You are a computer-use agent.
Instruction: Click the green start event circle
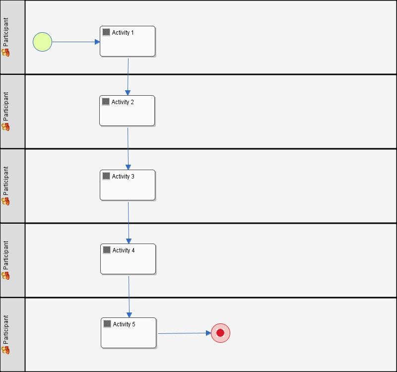click(x=42, y=42)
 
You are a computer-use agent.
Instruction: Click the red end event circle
click(x=220, y=333)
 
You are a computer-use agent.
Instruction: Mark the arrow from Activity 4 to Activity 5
click(x=129, y=296)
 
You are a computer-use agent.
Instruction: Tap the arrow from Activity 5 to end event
click(x=184, y=333)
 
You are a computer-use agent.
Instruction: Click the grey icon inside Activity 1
click(x=106, y=32)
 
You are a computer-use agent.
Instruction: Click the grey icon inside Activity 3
click(x=106, y=176)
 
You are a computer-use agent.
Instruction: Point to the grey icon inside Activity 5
click(x=107, y=324)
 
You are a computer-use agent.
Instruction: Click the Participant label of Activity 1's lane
click(x=6, y=32)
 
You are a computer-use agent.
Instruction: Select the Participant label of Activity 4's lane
click(x=6, y=255)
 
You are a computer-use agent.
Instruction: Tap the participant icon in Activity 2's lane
click(x=6, y=126)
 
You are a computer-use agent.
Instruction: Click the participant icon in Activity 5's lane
click(x=6, y=350)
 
